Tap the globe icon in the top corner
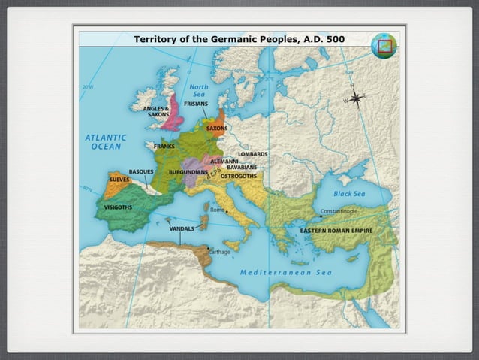(383, 46)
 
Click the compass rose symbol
(356, 98)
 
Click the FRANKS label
(164, 146)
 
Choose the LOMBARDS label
(252, 153)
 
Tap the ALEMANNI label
(224, 160)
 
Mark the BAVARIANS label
(242, 167)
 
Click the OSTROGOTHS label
(238, 174)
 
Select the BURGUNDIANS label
(188, 172)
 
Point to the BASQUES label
(141, 171)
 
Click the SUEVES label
(119, 180)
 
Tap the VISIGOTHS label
(118, 207)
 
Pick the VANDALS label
(182, 228)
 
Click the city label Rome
(218, 210)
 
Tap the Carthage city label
(219, 252)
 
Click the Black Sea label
(348, 194)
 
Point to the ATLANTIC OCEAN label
(105, 142)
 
